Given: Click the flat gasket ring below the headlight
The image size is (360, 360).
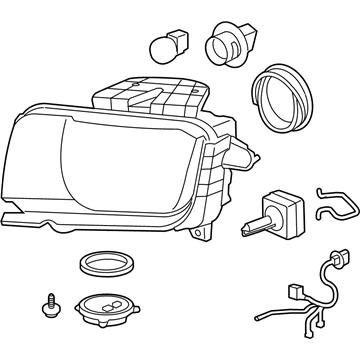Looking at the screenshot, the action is pos(104,268).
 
